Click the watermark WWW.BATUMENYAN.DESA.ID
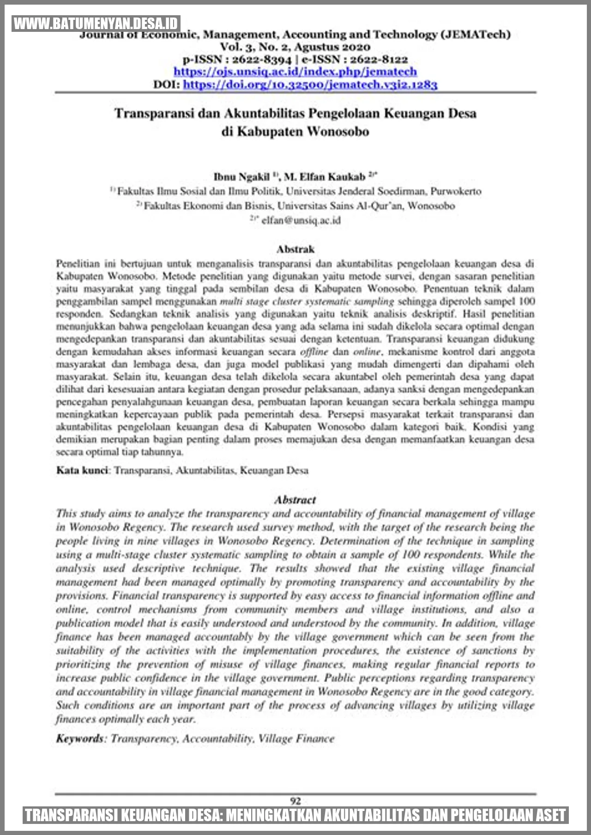[x=96, y=24]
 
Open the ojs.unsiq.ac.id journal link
[x=295, y=72]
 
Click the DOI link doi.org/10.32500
[x=310, y=84]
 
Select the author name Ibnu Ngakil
[x=241, y=177]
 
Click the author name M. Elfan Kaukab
[x=325, y=177]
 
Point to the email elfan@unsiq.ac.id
[x=301, y=221]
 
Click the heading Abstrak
[x=295, y=249]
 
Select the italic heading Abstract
[x=295, y=500]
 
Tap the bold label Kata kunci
[x=82, y=470]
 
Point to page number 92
[x=295, y=801]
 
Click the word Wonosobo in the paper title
[x=338, y=132]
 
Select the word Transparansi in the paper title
[x=154, y=114]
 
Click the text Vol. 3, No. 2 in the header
[x=254, y=47]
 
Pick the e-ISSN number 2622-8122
[x=379, y=60]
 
